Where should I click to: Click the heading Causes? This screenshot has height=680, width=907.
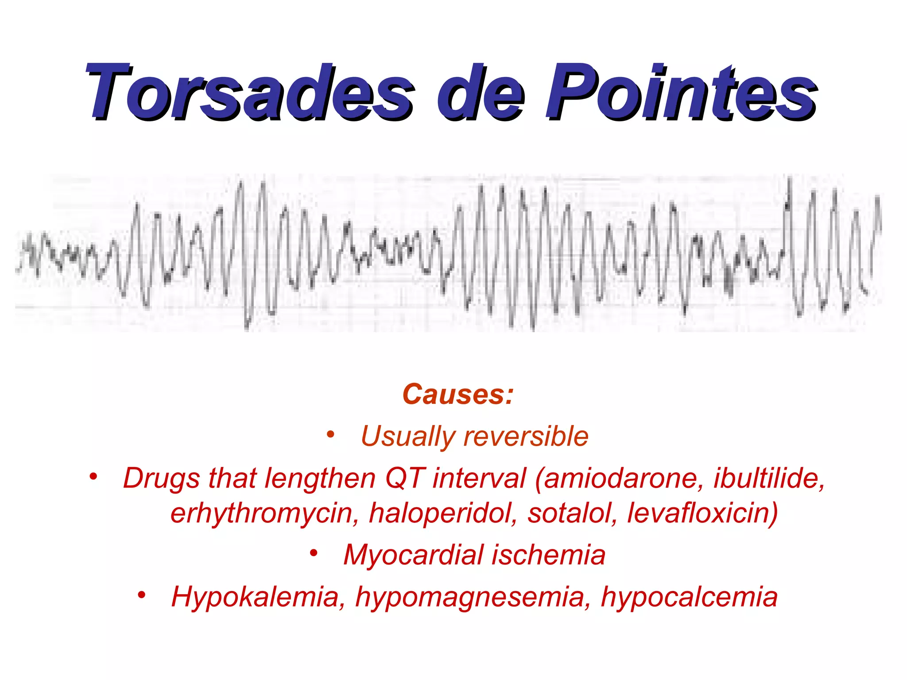pos(457,394)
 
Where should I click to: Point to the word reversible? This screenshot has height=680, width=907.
pos(526,437)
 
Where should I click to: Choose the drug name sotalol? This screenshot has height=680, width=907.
pos(572,513)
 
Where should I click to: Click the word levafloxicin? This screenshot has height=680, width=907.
pos(702,513)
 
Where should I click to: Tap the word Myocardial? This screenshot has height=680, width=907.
pos(414,555)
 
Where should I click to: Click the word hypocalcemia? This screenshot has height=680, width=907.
pos(689,598)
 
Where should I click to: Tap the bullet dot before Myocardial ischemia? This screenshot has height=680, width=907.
pos(314,553)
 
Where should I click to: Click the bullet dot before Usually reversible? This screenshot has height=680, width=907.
pos(330,434)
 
